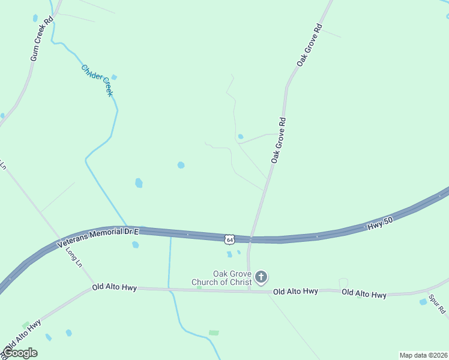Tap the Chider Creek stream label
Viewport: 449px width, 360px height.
click(97, 80)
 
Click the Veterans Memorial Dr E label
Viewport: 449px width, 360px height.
click(98, 237)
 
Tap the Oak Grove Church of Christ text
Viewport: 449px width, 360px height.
click(221, 278)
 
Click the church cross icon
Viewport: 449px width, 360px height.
click(261, 277)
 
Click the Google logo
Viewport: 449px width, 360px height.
click(20, 353)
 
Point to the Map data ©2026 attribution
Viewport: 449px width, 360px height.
click(423, 355)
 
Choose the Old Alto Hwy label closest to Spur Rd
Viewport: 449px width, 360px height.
click(364, 293)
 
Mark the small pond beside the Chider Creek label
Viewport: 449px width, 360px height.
click(114, 77)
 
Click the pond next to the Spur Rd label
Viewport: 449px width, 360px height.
click(423, 301)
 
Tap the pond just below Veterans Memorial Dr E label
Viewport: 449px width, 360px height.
click(135, 244)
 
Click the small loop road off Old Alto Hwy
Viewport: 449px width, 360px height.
click(343, 283)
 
